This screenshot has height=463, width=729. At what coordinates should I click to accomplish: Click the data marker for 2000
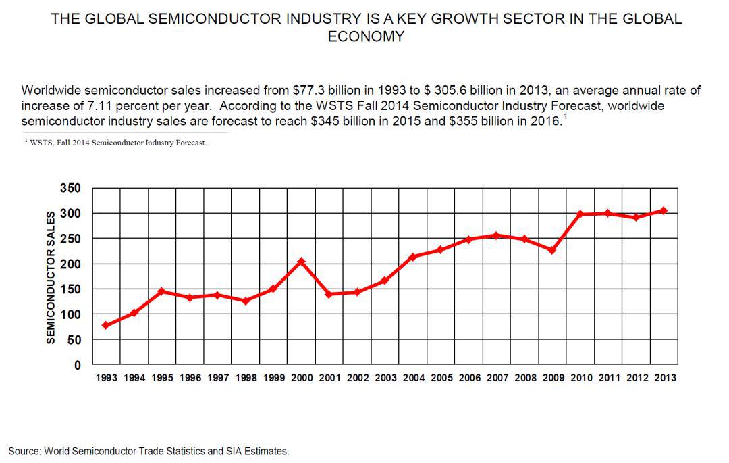click(x=301, y=261)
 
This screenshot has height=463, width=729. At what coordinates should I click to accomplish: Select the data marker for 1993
click(x=106, y=325)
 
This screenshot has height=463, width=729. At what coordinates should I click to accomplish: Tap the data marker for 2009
click(x=552, y=250)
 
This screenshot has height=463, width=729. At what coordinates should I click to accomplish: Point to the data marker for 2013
click(x=664, y=210)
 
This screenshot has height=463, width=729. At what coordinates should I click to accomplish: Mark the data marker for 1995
click(x=162, y=291)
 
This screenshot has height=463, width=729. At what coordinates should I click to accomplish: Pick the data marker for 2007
click(x=496, y=235)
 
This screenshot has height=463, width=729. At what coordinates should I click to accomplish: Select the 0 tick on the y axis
click(x=77, y=365)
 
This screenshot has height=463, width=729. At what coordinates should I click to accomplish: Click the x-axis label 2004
click(x=413, y=379)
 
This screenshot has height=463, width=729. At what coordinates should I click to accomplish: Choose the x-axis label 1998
click(x=246, y=379)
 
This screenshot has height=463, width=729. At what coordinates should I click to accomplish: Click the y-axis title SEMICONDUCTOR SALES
click(x=50, y=276)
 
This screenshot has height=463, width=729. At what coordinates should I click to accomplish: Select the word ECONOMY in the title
click(x=365, y=36)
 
